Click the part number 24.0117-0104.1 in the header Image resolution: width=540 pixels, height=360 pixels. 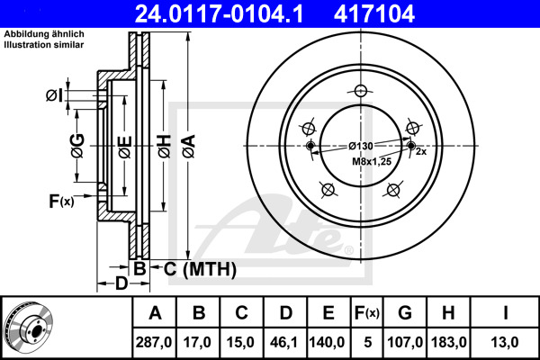[219, 13]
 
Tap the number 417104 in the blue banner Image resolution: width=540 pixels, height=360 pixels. [374, 13]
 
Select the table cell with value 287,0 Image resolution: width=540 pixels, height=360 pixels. [154, 342]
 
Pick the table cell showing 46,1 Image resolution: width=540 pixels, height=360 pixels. [283, 342]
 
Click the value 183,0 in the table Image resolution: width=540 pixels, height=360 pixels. [449, 342]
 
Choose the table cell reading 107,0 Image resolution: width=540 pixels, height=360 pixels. [405, 342]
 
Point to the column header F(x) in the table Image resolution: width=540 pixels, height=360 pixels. [367, 313]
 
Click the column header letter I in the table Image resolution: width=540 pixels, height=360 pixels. [505, 313]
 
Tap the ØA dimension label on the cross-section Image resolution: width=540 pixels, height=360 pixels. [189, 146]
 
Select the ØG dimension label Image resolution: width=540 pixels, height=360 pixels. [77, 146]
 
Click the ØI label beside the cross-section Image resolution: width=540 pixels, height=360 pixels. [55, 95]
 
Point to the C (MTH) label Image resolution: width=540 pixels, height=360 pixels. [200, 269]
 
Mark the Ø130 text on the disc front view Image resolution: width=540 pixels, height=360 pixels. [361, 146]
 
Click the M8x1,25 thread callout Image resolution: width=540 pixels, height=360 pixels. [372, 161]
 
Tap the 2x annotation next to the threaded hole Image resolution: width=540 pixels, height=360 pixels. [421, 151]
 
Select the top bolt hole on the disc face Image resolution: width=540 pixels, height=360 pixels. [360, 91]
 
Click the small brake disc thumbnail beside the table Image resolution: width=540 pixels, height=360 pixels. [28, 328]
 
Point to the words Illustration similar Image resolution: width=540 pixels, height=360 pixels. [44, 45]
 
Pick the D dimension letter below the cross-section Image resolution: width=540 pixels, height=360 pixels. [121, 283]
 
